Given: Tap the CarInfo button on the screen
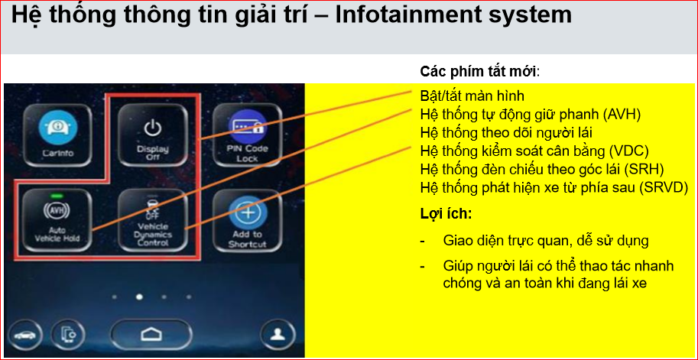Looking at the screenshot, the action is pyautogui.click(x=58, y=135).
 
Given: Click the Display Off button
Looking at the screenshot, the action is pyautogui.click(x=153, y=135).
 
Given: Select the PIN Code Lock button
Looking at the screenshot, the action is pyautogui.click(x=248, y=135).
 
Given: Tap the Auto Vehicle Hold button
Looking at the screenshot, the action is pyautogui.click(x=58, y=220).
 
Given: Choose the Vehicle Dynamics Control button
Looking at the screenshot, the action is pyautogui.click(x=153, y=220).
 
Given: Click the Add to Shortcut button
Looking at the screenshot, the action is pyautogui.click(x=248, y=220).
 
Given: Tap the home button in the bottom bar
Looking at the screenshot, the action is pyautogui.click(x=151, y=335).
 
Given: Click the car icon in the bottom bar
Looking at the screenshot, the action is pyautogui.click(x=25, y=335).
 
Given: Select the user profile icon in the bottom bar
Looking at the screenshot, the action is pyautogui.click(x=278, y=335).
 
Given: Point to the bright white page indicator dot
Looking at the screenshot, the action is pyautogui.click(x=139, y=297).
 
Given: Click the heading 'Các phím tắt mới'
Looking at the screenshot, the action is pyautogui.click(x=479, y=72).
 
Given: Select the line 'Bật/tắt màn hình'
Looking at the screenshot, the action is pyautogui.click(x=472, y=96).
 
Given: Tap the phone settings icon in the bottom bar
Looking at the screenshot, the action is pyautogui.click(x=67, y=335).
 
